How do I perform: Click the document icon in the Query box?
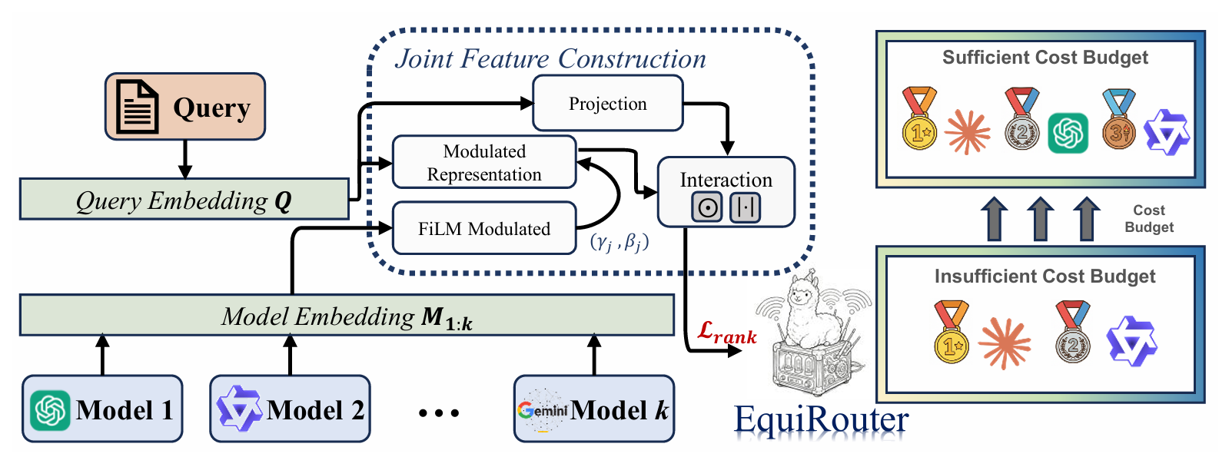[x=136, y=107]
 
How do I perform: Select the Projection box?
[x=607, y=104]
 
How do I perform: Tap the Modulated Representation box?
[x=484, y=163]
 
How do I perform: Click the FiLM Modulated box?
[x=484, y=228]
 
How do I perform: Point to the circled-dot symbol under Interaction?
[x=706, y=207]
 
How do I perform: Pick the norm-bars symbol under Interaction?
[x=745, y=207]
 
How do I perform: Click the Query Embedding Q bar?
[x=184, y=200]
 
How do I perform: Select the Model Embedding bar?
[x=347, y=316]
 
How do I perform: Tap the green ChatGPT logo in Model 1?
[x=50, y=410]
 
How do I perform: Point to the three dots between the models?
[x=439, y=413]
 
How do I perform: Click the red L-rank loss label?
[x=726, y=333]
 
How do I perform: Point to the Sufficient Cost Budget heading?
[x=1045, y=58]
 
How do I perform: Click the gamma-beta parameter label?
[x=619, y=243]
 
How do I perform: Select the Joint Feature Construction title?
[x=550, y=59]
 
